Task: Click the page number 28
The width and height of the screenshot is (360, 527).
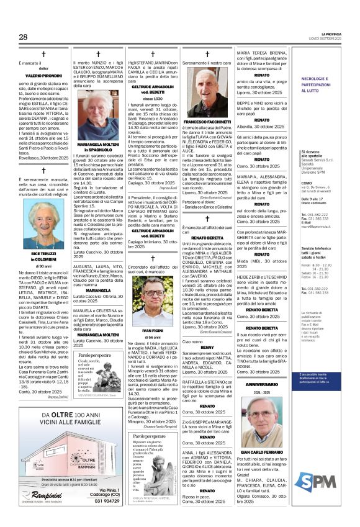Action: pos(23,37)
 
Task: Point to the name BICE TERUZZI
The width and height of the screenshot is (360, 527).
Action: pos(43,254)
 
